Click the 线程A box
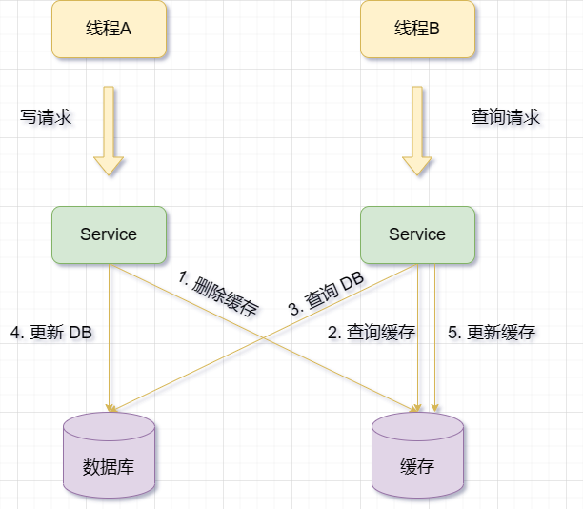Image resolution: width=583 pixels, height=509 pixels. click(108, 29)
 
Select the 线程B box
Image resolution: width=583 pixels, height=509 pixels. click(416, 29)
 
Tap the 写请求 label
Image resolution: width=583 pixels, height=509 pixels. click(46, 117)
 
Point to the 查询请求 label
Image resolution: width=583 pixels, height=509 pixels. click(506, 117)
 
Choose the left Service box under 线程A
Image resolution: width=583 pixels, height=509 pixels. click(109, 234)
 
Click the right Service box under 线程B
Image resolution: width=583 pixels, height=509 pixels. click(417, 234)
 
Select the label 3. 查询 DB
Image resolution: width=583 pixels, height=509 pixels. click(326, 295)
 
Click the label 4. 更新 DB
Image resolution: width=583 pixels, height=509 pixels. click(51, 333)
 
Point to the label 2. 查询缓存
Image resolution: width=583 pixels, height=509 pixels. click(372, 333)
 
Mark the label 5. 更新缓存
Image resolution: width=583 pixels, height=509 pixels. click(492, 333)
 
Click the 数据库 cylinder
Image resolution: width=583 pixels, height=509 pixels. click(109, 456)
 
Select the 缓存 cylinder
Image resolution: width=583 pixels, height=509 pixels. click(417, 456)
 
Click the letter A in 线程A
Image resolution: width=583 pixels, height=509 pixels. click(125, 29)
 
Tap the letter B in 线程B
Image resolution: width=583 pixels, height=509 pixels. click(434, 29)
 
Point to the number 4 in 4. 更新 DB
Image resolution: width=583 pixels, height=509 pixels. click(14, 333)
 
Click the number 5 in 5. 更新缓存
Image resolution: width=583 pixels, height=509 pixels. click(453, 333)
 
